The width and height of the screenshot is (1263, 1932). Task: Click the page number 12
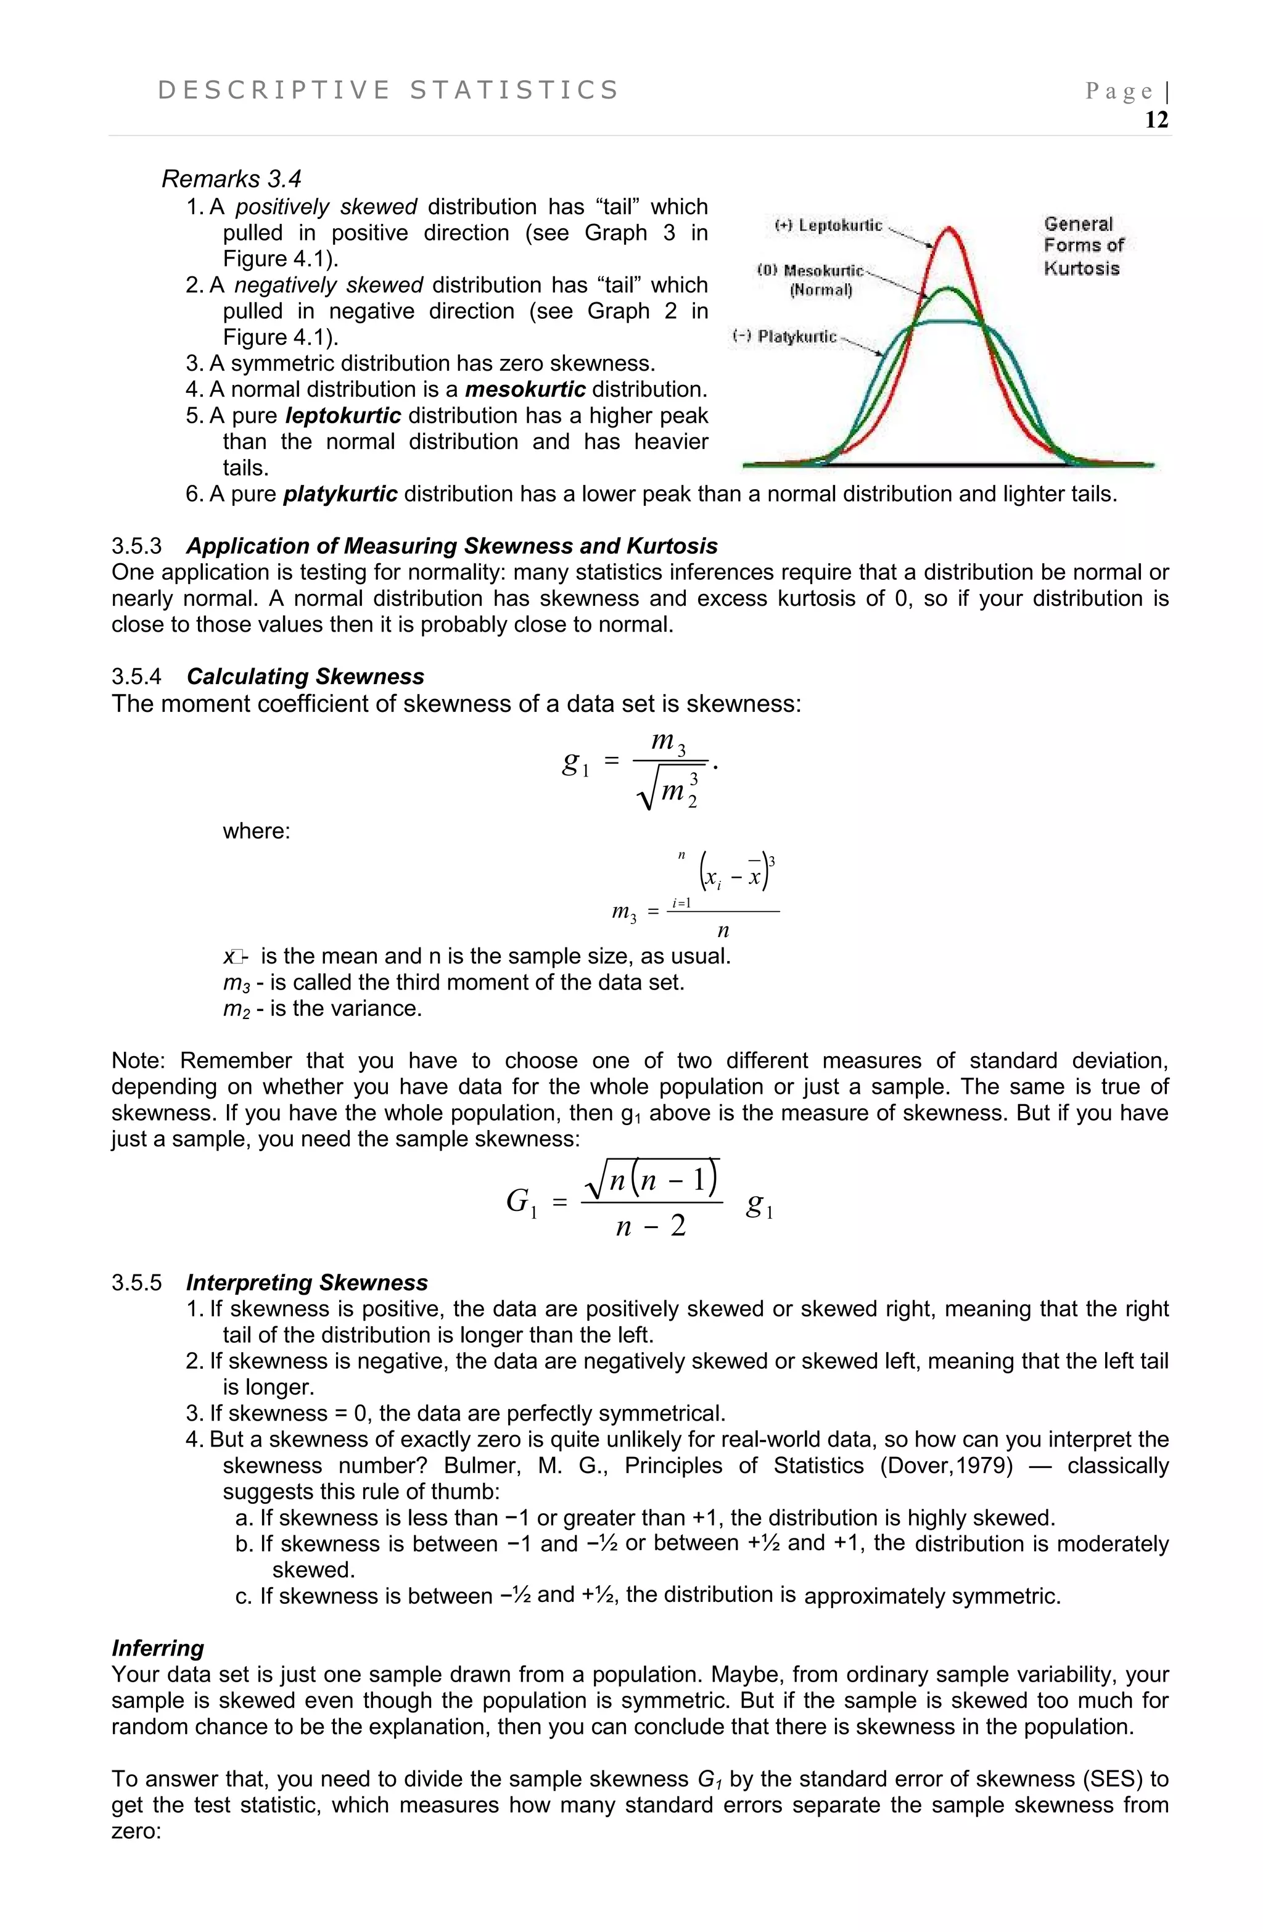pos(1156,120)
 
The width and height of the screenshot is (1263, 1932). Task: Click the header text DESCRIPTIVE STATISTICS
pos(389,90)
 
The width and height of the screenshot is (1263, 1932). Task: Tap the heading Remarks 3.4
pos(231,179)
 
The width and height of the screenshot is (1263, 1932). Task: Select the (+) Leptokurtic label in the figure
pos(828,225)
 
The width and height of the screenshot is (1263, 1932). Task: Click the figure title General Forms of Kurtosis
pos(1081,246)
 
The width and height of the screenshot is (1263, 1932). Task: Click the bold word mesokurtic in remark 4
pos(525,390)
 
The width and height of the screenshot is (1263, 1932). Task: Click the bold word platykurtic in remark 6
pos(340,494)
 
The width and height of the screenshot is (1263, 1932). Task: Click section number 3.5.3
pos(136,547)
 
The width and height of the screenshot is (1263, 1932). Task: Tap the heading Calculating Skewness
pos(305,677)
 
